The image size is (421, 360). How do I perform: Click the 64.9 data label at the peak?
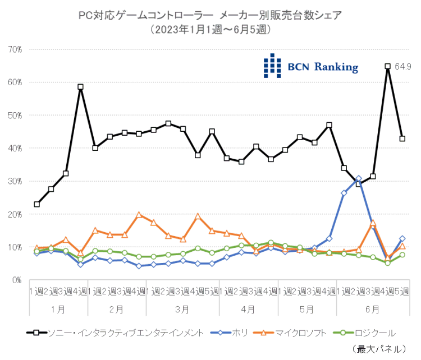pos(403,66)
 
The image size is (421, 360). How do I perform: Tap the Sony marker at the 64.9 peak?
pos(387,66)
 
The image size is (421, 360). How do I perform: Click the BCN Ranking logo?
pos(311,66)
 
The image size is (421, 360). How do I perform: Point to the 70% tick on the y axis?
pos(14,49)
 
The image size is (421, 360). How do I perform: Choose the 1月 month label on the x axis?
pos(58,309)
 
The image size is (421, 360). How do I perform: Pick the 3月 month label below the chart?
pos(182,309)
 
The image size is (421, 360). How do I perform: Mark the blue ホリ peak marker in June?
pos(358,179)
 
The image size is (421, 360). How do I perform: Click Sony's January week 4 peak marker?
pos(80,87)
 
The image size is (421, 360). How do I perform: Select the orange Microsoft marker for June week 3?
pos(373,224)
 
